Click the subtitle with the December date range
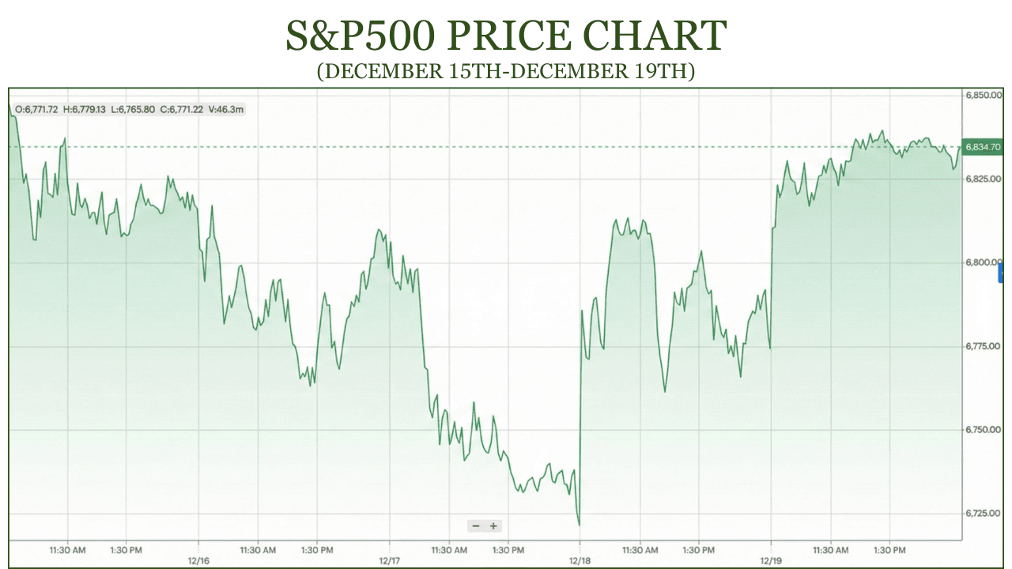506,71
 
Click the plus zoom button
493,526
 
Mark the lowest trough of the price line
580,524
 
